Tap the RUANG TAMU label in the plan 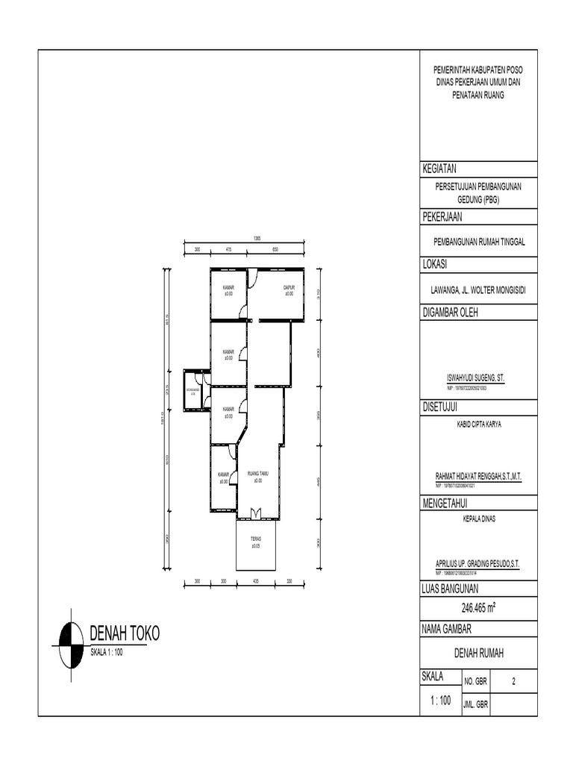tap(257, 478)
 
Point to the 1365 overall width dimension tap(256, 237)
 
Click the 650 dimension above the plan tap(275, 248)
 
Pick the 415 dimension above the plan tap(229, 248)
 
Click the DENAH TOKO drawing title tap(125, 634)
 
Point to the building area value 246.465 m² tap(478, 608)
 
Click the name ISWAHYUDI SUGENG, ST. tap(470, 379)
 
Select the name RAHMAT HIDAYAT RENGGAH tap(477, 475)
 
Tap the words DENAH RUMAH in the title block tap(479, 654)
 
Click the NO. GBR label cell tap(476, 681)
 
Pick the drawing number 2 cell tap(513, 681)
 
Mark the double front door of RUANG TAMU tap(256, 513)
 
